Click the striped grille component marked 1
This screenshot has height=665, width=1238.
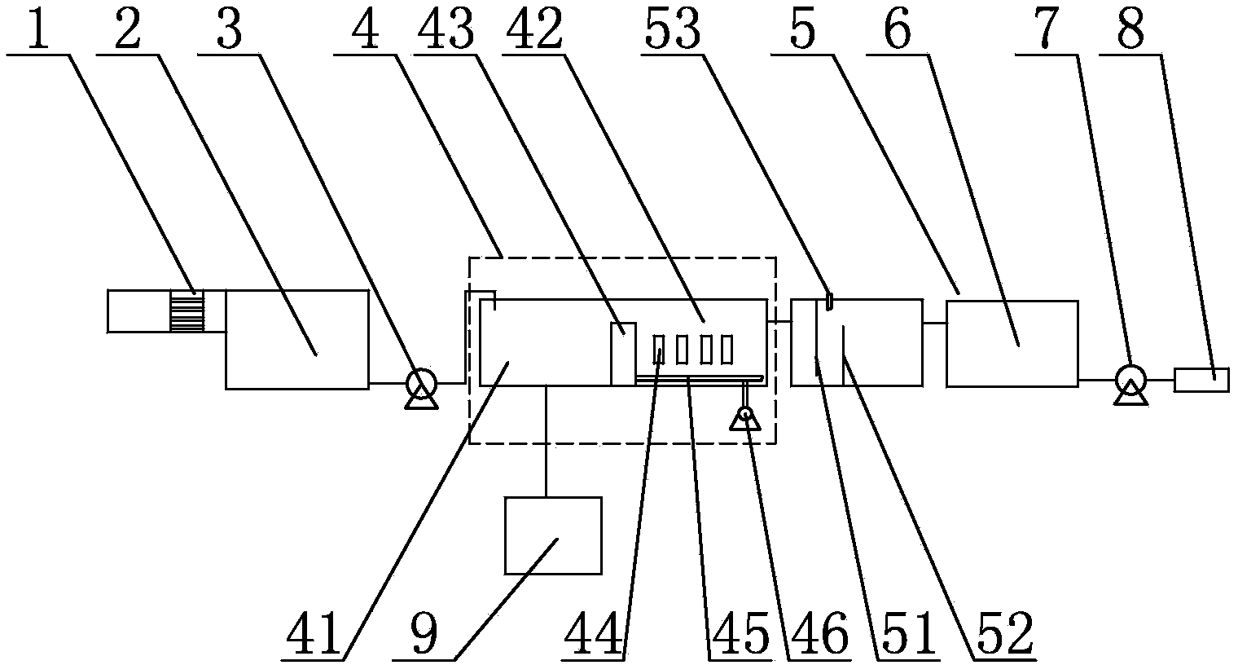point(187,311)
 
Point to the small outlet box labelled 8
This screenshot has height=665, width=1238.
point(1201,379)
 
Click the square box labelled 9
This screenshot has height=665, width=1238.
point(554,535)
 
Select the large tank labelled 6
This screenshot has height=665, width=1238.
point(1012,343)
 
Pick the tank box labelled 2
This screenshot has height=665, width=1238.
point(296,338)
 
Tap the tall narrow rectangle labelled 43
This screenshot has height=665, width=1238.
point(623,353)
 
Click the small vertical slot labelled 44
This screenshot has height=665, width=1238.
point(659,350)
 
